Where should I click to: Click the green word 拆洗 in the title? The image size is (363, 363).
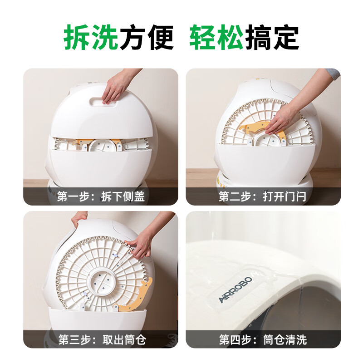pos(91,37)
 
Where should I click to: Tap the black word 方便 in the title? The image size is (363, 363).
pos(147,37)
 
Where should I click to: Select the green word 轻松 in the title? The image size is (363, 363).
pos(216,37)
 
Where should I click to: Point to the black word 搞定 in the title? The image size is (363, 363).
pos(272,37)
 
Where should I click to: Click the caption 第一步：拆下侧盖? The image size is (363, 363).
pos(101,197)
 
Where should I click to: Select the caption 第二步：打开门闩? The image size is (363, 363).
pos(263,197)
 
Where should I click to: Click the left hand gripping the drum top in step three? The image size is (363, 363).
pos(80,220)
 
